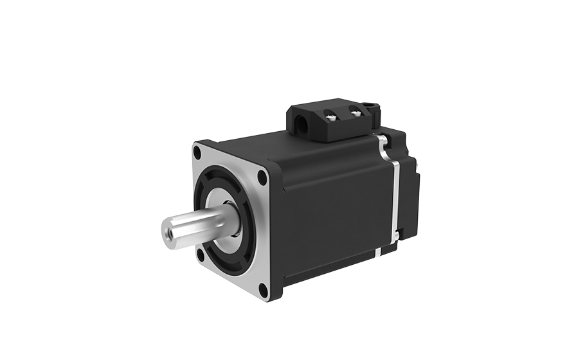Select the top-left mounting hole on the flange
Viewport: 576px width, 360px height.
pyautogui.click(x=197, y=153)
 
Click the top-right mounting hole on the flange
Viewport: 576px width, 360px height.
pyautogui.click(x=262, y=179)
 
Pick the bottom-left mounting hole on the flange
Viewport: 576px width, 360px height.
pyautogui.click(x=201, y=255)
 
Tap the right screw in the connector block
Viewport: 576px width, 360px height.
pyautogui.click(x=354, y=113)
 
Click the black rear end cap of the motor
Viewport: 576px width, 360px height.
pyautogui.click(x=409, y=186)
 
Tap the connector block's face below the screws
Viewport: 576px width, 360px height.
pyautogui.click(x=344, y=129)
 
